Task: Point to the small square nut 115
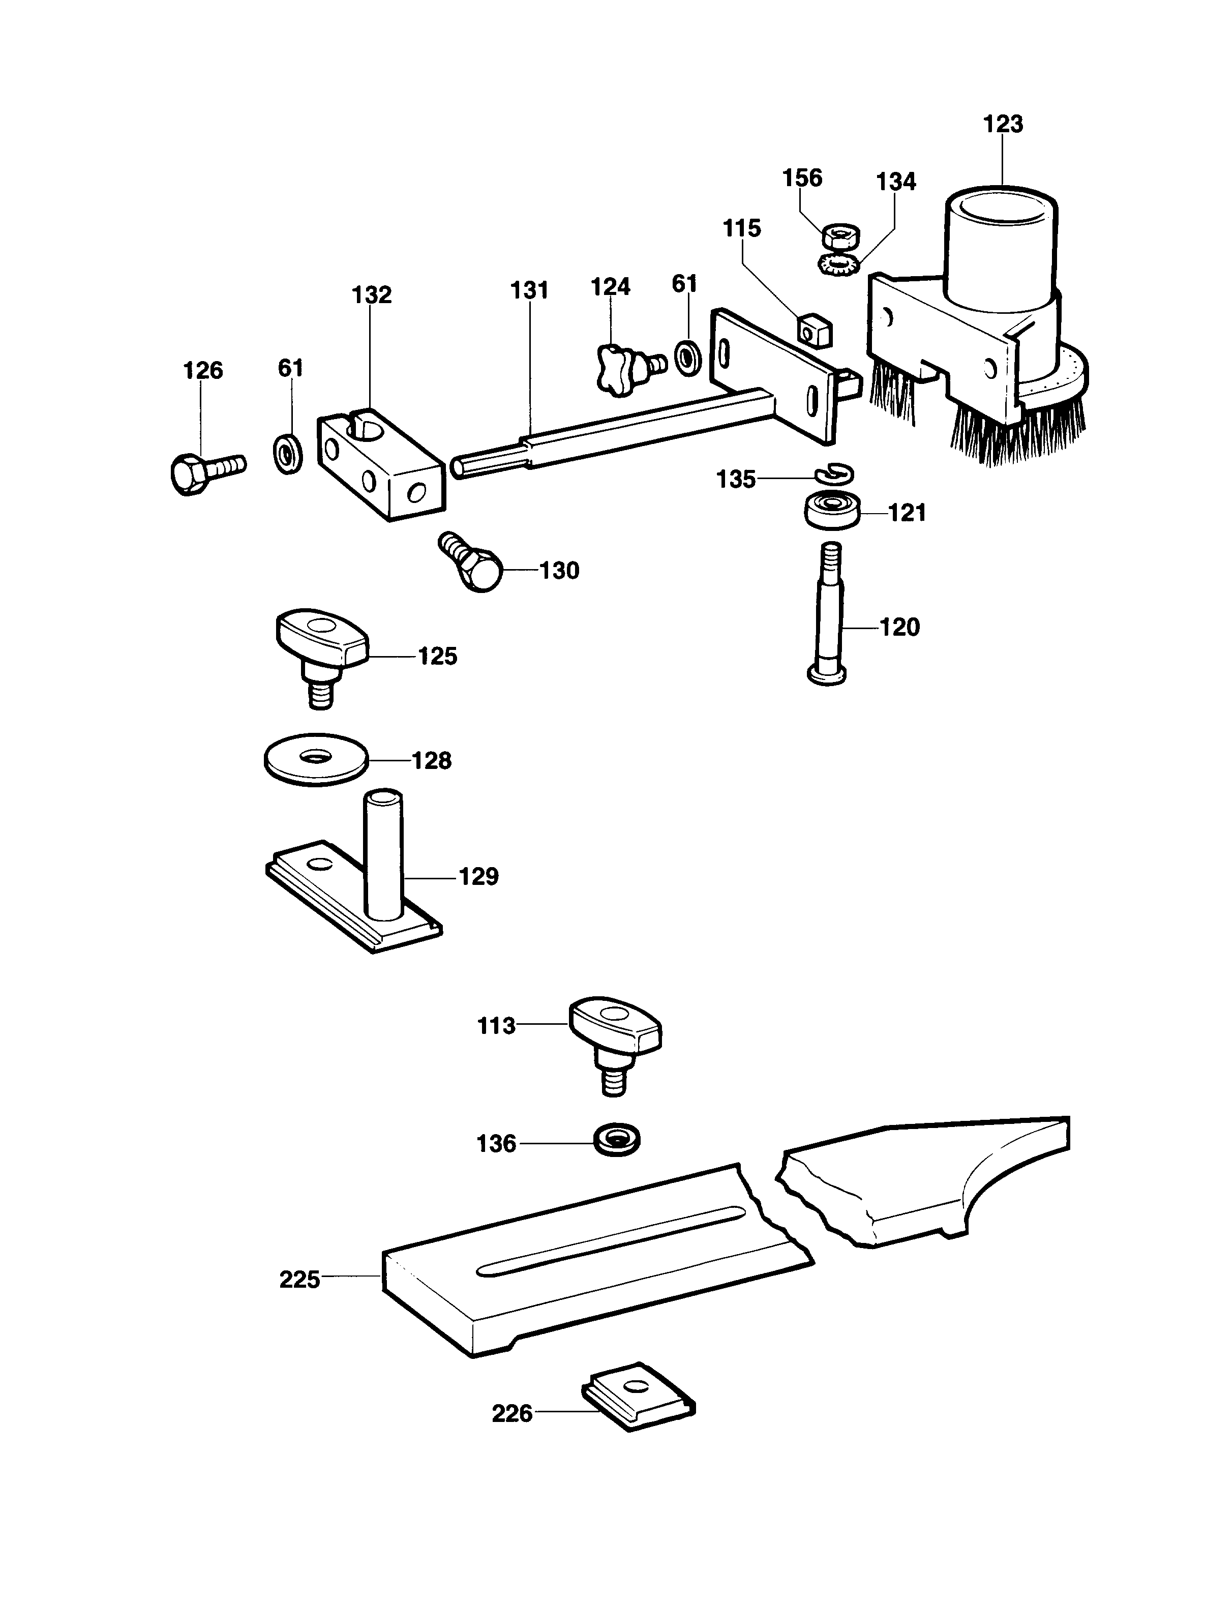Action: click(814, 332)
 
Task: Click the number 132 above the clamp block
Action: click(372, 295)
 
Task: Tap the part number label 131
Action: click(529, 290)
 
